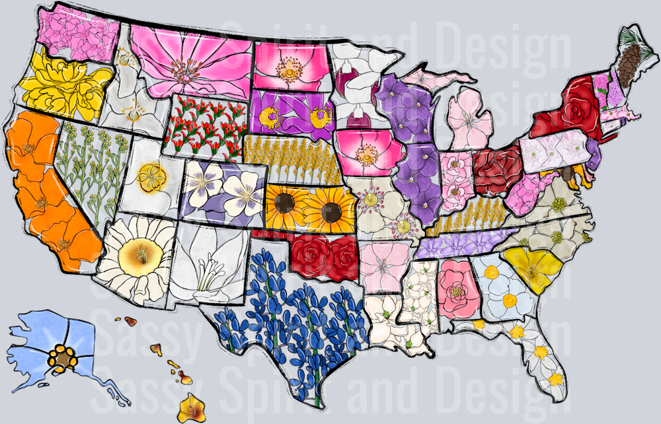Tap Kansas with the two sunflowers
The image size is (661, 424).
[311, 205]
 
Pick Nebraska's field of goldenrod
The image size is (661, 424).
[291, 159]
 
